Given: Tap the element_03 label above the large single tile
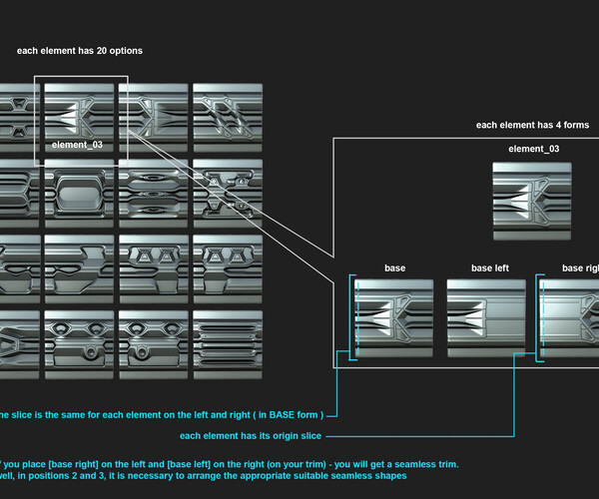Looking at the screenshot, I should [x=533, y=149].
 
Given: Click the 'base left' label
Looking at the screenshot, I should [x=490, y=268].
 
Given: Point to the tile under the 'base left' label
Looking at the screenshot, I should [x=486, y=317].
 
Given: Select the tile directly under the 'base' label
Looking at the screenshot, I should [x=394, y=317].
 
